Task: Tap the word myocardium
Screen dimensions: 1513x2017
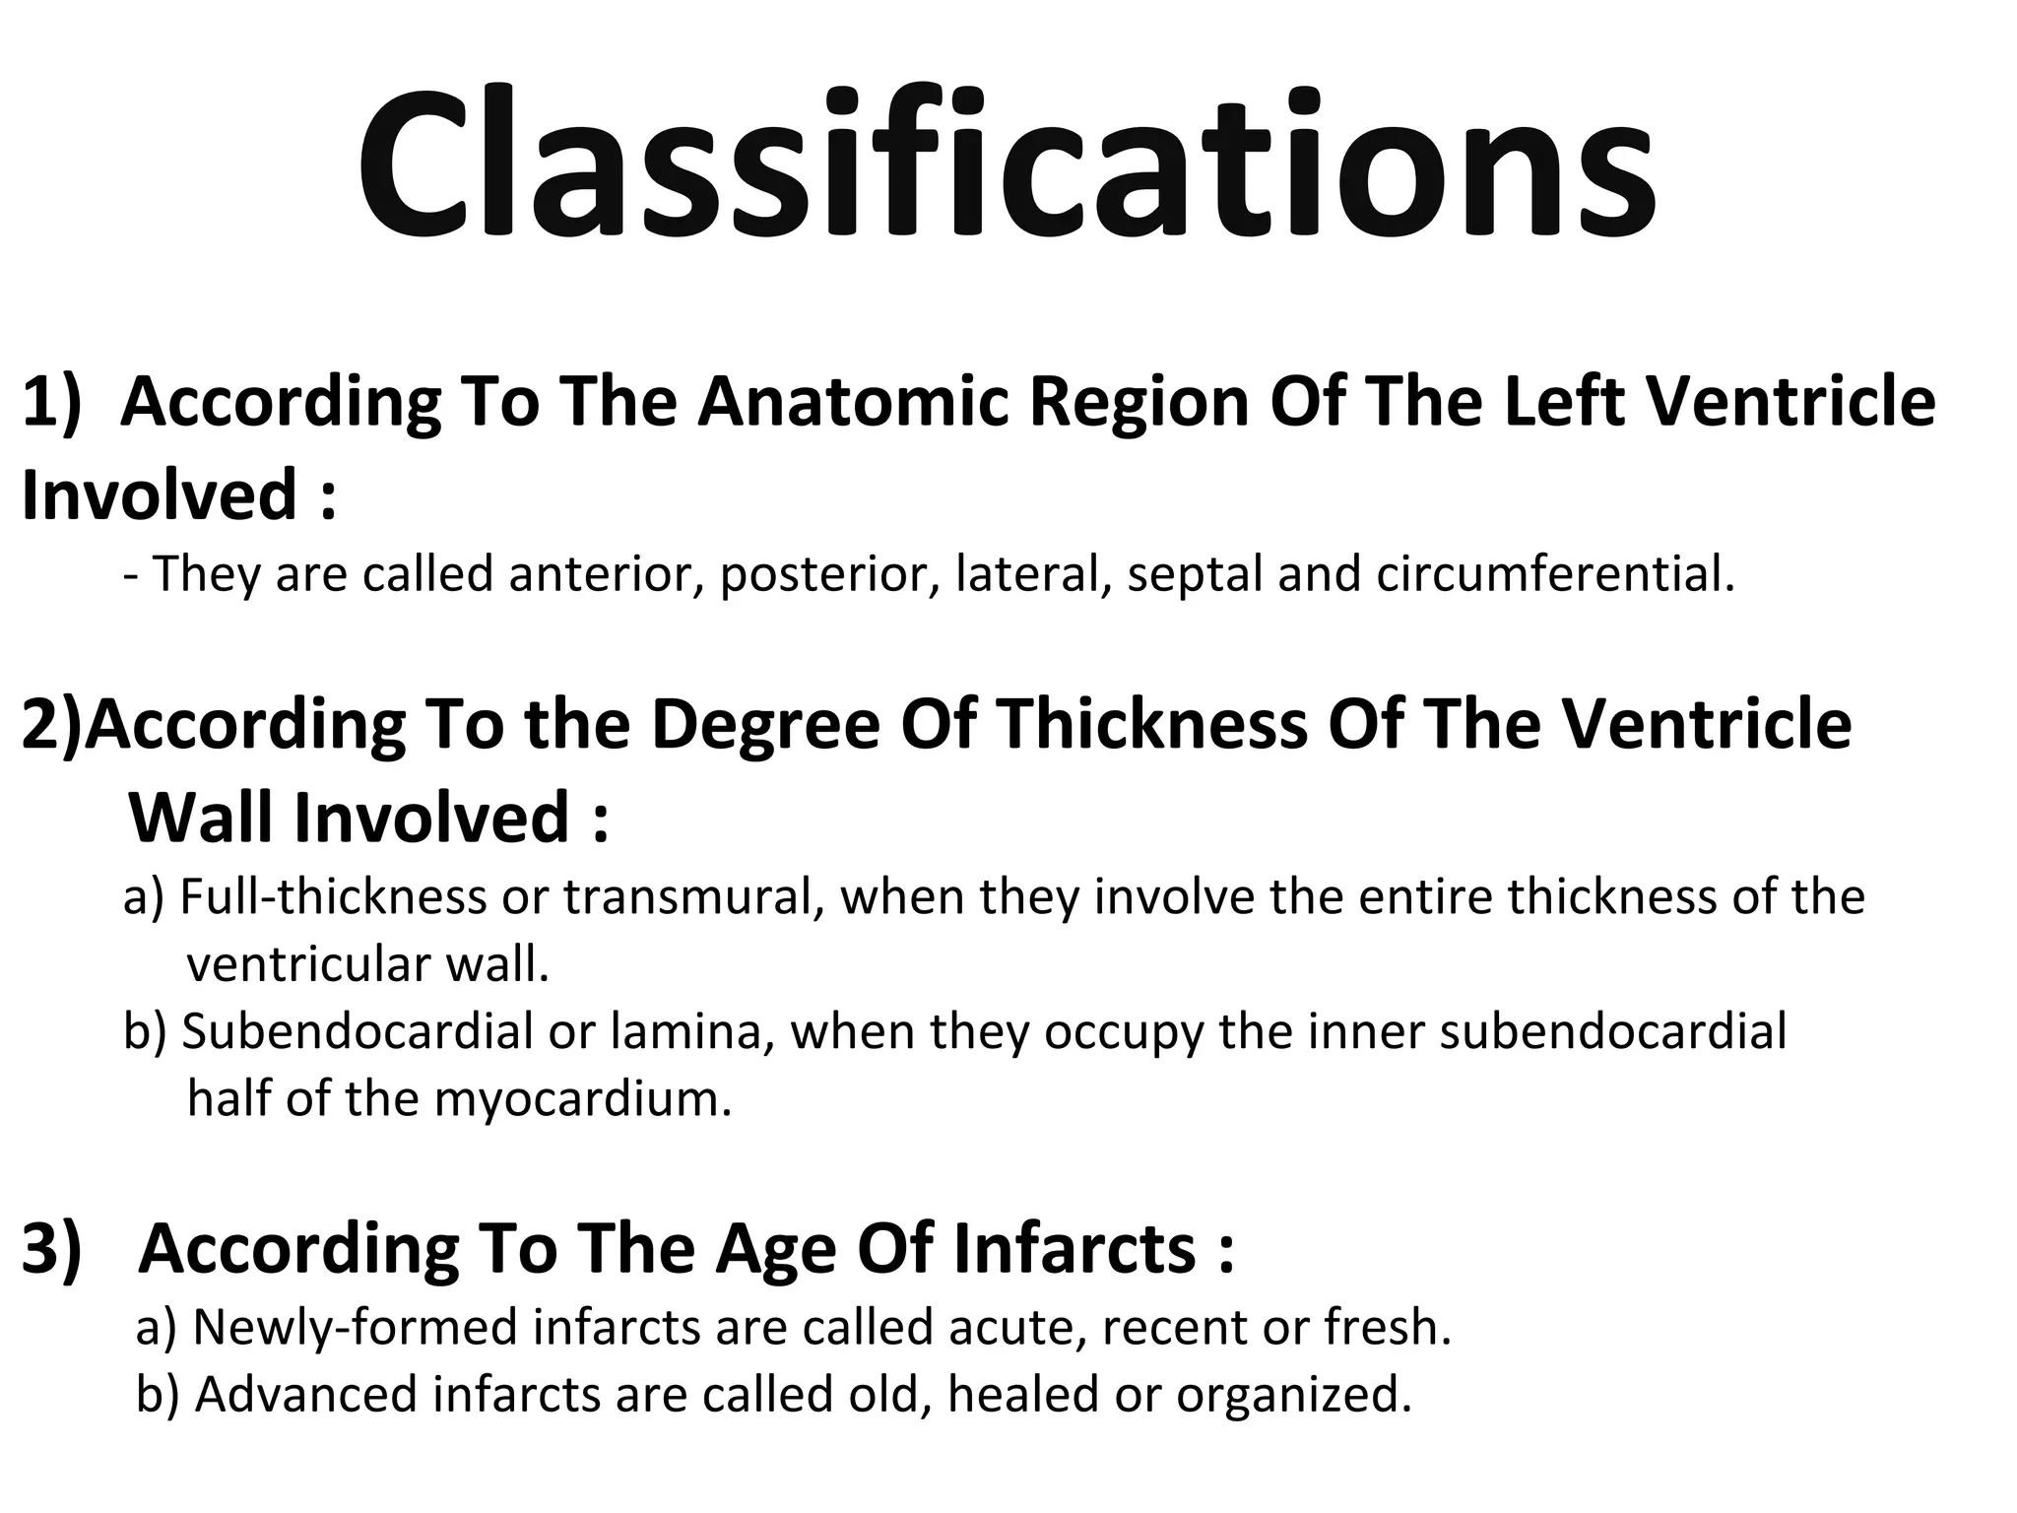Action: tap(582, 1098)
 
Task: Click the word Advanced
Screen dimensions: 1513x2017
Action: tap(306, 1395)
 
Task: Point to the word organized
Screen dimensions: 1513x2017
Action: tap(1294, 1395)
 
